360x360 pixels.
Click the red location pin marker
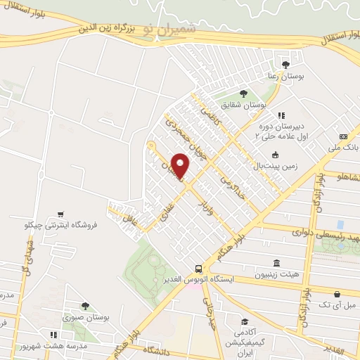pyautogui.click(x=181, y=167)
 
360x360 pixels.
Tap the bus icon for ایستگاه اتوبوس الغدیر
pyautogui.click(x=199, y=269)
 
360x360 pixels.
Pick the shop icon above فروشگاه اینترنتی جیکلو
pyautogui.click(x=62, y=214)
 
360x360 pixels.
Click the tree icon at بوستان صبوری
pyautogui.click(x=85, y=306)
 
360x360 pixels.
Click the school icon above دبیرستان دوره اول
pyautogui.click(x=281, y=115)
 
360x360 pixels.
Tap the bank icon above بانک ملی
pyautogui.click(x=343, y=136)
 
